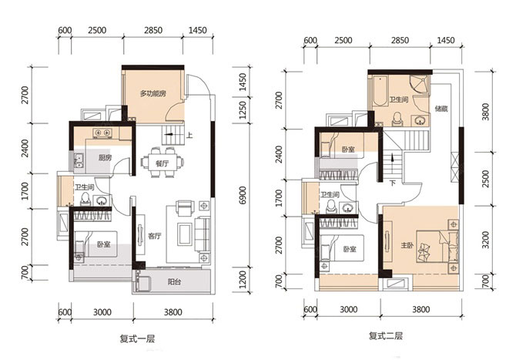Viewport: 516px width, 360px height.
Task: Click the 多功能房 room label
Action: [x=152, y=93]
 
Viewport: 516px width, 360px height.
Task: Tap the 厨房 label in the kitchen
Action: [x=105, y=158]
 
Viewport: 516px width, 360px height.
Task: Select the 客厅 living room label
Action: [x=154, y=236]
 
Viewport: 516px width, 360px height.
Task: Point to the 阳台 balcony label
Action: [x=174, y=282]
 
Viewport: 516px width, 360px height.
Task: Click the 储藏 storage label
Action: [x=441, y=108]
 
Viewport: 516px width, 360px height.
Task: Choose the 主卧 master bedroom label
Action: [x=407, y=245]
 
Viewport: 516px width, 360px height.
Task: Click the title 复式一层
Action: [x=137, y=338]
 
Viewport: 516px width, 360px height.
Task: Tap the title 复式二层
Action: [x=386, y=336]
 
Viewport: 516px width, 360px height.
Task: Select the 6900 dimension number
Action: [x=242, y=195]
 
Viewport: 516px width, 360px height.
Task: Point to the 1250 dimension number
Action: [x=242, y=110]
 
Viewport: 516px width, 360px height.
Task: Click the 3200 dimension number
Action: [x=485, y=240]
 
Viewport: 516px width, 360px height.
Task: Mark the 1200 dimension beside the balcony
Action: [x=242, y=280]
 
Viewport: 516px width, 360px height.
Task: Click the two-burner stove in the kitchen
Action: [x=102, y=133]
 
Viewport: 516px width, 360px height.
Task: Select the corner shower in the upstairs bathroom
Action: [x=420, y=84]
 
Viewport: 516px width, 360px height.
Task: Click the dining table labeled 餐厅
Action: [x=162, y=163]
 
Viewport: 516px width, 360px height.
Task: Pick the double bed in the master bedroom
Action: [x=437, y=247]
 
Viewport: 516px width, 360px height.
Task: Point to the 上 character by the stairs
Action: [x=189, y=134]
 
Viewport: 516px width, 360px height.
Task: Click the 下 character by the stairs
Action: [x=393, y=183]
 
